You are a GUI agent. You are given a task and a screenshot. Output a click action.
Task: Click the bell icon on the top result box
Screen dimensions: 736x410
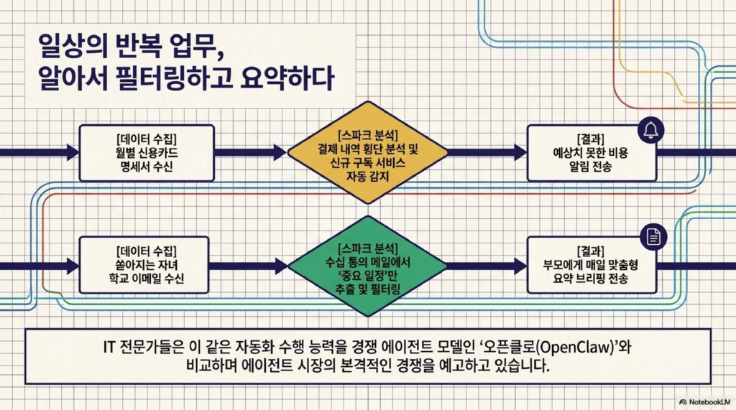click(x=651, y=131)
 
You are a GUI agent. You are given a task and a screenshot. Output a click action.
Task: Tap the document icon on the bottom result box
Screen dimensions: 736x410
click(x=653, y=237)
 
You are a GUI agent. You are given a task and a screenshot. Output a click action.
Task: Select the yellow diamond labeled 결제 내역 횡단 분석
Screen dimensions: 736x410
click(x=367, y=153)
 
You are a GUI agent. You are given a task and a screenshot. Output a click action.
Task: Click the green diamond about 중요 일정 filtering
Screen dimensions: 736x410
click(x=367, y=266)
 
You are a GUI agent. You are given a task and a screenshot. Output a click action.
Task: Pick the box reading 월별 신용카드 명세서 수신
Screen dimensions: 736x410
click(x=147, y=153)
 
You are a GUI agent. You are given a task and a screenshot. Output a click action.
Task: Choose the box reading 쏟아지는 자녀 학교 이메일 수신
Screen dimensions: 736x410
click(x=144, y=265)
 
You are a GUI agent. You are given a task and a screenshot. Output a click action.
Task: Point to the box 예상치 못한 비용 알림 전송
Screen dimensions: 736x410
click(x=592, y=153)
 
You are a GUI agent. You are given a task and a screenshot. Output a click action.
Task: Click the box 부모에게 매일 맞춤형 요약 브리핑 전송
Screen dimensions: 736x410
click(x=592, y=265)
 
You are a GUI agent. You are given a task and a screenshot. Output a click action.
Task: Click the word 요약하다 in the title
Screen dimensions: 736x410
click(x=287, y=78)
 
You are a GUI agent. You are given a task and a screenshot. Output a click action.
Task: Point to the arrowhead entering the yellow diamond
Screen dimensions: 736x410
click(x=280, y=152)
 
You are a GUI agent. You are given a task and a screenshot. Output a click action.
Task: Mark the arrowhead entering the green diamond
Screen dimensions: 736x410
click(x=281, y=266)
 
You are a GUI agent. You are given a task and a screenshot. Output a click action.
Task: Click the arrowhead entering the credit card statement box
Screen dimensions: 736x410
click(x=73, y=152)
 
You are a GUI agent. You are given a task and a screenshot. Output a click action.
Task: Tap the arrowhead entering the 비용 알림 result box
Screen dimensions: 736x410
click(x=520, y=152)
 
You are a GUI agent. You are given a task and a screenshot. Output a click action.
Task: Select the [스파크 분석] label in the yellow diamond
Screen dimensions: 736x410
click(x=367, y=136)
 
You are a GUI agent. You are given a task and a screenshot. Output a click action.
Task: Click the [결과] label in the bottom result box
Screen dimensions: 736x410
click(x=591, y=251)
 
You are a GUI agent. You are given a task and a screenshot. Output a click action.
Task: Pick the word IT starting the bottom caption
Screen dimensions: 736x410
click(x=109, y=347)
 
